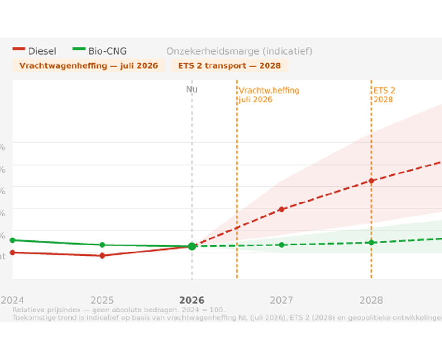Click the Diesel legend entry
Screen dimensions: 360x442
(35, 51)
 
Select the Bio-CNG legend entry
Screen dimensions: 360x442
(100, 51)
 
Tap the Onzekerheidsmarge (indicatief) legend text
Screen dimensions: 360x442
(239, 51)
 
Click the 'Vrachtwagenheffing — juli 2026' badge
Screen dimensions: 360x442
(88, 65)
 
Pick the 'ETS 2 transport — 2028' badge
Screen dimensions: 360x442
(229, 65)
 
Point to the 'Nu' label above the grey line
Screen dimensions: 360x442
(192, 89)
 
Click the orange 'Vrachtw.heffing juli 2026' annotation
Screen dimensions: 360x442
(269, 95)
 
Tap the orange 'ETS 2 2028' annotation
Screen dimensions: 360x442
(384, 95)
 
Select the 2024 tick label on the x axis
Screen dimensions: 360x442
(13, 300)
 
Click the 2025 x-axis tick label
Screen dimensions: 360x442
(102, 300)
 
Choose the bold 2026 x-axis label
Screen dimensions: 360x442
(192, 300)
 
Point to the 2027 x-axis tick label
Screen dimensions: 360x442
(282, 300)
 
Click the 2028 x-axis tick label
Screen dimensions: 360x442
(371, 300)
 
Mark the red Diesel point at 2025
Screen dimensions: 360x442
(102, 255)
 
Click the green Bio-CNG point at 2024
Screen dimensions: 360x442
(13, 240)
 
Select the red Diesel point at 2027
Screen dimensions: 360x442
(282, 209)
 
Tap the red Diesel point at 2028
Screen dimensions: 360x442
(371, 180)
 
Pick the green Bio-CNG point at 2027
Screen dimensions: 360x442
(282, 245)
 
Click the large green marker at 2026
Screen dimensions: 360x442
(192, 246)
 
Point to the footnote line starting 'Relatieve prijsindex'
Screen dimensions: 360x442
(118, 310)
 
